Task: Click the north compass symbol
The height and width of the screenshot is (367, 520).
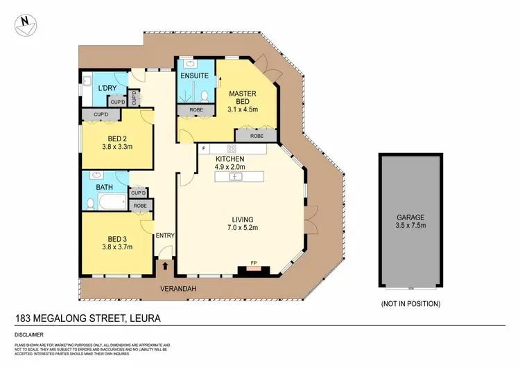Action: click(26, 23)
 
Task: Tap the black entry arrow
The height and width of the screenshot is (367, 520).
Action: click(165, 265)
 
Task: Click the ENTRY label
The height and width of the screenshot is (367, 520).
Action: click(165, 235)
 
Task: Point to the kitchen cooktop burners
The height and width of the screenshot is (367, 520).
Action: click(232, 149)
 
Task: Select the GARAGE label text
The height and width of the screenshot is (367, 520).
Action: click(410, 217)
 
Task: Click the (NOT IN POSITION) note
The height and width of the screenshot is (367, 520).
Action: click(410, 304)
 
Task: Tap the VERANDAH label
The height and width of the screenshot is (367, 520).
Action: click(176, 288)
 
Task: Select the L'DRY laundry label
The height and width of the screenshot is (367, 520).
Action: click(106, 88)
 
